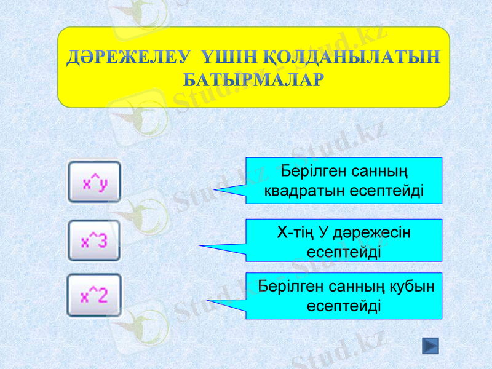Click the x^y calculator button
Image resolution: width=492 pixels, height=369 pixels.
94,182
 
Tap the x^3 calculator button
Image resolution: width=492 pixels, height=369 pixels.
94,240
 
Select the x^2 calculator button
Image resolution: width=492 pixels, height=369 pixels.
94,296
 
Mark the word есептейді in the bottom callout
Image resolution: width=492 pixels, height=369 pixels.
343,306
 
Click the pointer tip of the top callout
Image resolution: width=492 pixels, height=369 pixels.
215,191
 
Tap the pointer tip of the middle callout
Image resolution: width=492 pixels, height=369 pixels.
200,246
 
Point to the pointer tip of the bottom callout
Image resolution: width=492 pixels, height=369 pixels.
207,301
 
